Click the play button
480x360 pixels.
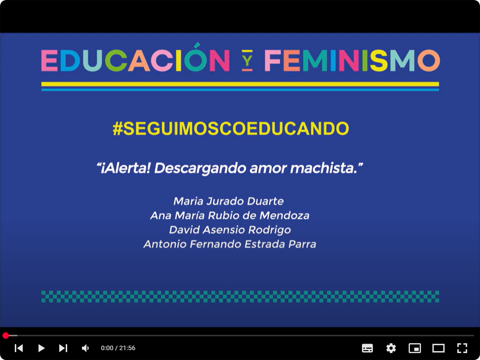(x=41, y=348)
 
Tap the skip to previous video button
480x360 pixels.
(x=19, y=348)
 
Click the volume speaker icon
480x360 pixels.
(x=85, y=348)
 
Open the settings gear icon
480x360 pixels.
(x=391, y=348)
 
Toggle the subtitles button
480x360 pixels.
(x=367, y=348)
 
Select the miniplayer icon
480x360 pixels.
(x=415, y=348)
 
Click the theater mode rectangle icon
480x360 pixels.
(x=439, y=348)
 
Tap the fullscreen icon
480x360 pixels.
(x=462, y=348)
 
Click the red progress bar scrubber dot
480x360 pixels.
(x=6, y=336)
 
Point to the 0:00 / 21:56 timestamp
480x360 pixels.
(x=118, y=348)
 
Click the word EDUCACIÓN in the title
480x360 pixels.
(x=136, y=58)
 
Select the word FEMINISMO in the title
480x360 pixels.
(x=353, y=60)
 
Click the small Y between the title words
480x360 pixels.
(x=247, y=61)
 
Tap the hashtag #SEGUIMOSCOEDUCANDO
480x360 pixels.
(x=231, y=128)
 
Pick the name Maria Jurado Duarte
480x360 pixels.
(x=229, y=201)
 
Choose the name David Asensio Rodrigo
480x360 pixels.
(x=230, y=230)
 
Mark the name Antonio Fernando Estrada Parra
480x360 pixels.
(x=230, y=244)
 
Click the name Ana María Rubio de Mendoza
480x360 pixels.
(x=230, y=215)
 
